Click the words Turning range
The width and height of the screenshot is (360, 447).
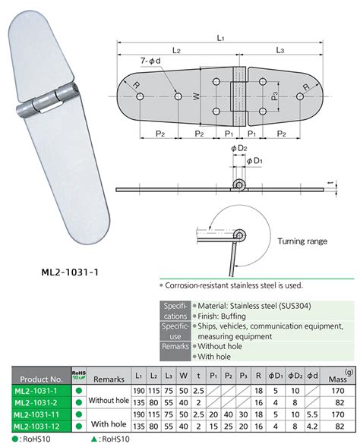302,241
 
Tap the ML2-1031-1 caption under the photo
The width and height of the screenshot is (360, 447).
70,268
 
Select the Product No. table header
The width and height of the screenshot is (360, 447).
42,376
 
